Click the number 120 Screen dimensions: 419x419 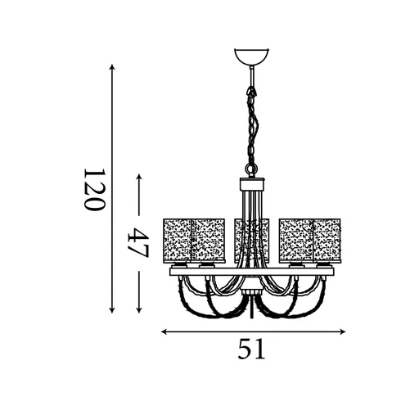tap(94, 190)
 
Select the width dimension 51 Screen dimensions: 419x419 tap(252, 350)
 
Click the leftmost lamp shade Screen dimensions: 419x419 tap(177, 239)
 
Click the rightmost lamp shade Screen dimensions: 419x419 tap(327, 239)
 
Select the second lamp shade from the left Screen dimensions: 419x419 tap(209, 239)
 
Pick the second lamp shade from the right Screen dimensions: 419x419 tap(295, 239)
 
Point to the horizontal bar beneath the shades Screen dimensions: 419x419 tap(252, 271)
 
